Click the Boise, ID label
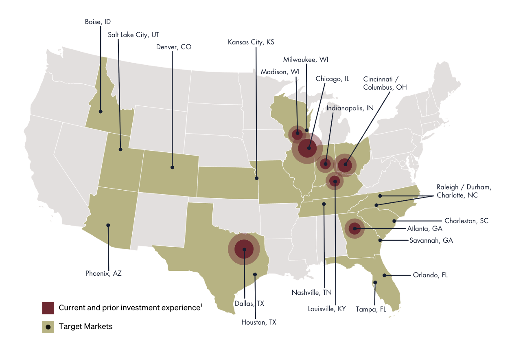98,22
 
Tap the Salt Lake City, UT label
133,35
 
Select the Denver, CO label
173,47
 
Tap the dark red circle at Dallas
244,250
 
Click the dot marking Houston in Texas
255,274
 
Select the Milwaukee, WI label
306,59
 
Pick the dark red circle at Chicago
307,148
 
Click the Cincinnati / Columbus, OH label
385,83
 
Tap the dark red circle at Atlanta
355,228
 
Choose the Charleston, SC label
466,221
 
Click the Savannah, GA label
431,240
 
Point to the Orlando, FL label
430,275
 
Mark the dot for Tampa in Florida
375,282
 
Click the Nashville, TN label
311,292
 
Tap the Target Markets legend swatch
48,327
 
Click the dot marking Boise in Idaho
101,111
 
